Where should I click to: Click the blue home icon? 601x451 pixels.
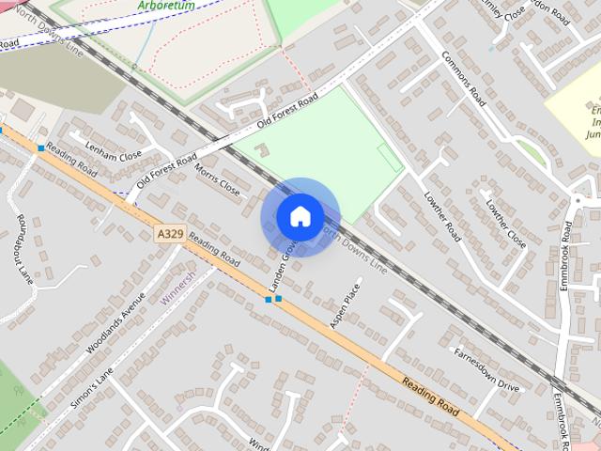click(x=300, y=216)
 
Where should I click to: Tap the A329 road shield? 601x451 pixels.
click(x=167, y=230)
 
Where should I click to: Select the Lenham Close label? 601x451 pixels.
click(x=113, y=149)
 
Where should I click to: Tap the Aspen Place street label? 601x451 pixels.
click(x=345, y=305)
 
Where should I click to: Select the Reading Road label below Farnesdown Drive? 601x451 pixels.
click(x=430, y=397)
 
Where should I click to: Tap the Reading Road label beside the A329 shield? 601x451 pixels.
click(x=214, y=249)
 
